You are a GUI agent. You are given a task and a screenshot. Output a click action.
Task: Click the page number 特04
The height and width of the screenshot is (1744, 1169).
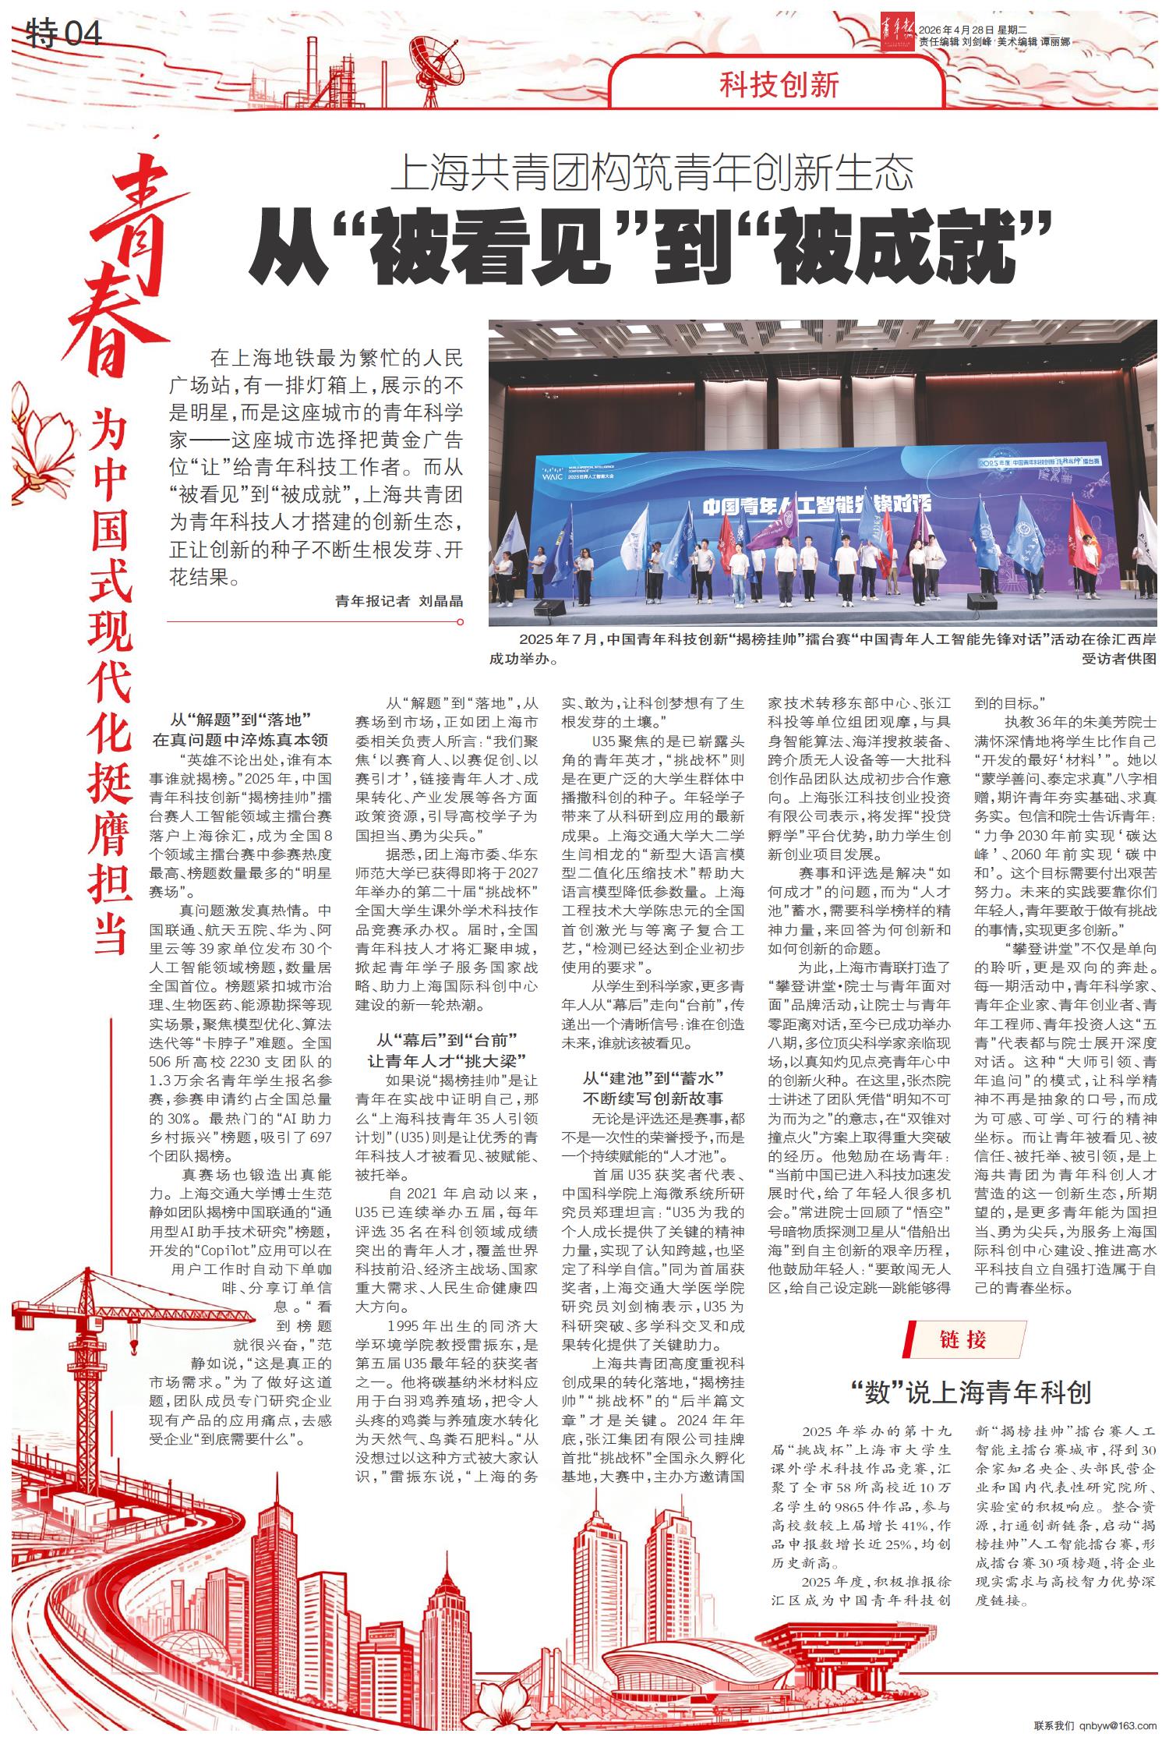pyautogui.click(x=64, y=34)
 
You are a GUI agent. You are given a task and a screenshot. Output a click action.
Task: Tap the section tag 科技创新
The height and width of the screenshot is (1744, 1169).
pyautogui.click(x=779, y=84)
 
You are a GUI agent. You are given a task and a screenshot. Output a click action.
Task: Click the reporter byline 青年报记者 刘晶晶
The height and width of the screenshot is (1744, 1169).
pyautogui.click(x=398, y=600)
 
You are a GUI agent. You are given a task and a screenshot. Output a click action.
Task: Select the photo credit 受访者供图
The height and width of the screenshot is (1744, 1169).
pyautogui.click(x=1119, y=659)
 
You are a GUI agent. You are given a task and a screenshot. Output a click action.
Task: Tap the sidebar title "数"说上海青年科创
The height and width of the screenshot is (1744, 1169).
pyautogui.click(x=970, y=1392)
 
